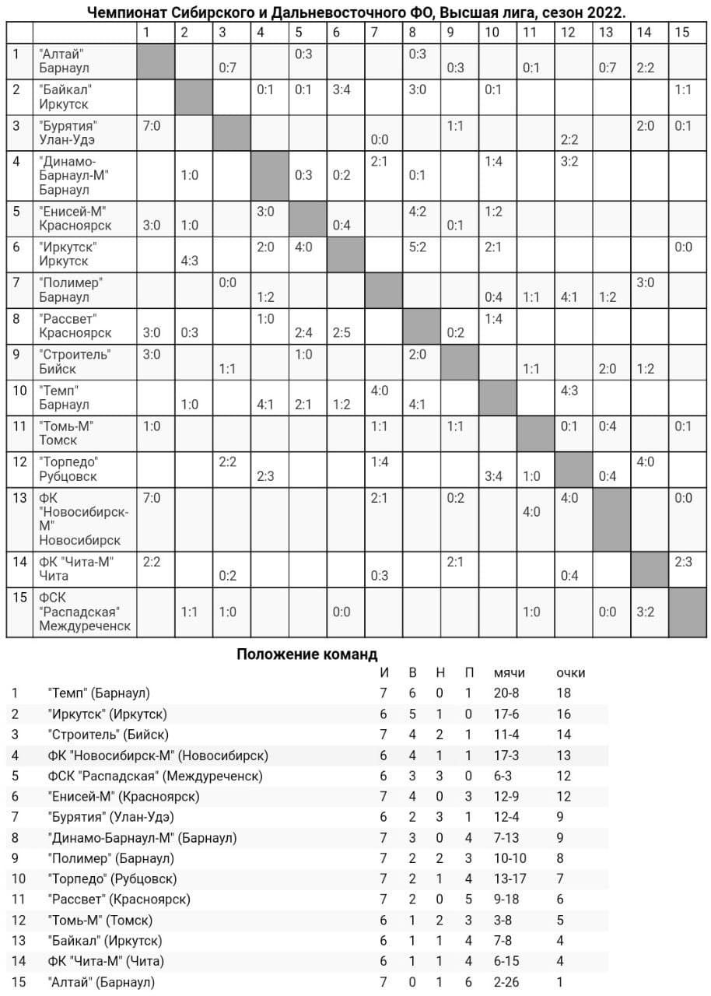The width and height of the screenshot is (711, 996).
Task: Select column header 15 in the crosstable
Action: pos(681,32)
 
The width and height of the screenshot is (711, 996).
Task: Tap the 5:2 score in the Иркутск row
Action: pos(417,247)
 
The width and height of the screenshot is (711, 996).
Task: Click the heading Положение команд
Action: pos(306,654)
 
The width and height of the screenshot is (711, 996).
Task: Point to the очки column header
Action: pos(570,672)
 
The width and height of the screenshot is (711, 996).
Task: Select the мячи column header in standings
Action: pos(509,672)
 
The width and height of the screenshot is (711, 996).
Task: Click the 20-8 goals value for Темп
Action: pos(507,693)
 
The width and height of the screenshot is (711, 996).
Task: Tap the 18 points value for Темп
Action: pos(563,693)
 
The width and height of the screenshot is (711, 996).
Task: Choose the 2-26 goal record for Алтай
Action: pos(507,982)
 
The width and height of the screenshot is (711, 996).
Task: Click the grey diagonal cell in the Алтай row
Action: pos(156,61)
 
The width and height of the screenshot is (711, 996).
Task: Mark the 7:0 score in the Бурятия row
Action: pos(152,126)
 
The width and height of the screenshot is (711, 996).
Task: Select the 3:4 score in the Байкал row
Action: pos(341,89)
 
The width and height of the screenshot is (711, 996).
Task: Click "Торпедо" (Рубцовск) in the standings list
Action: pos(112,879)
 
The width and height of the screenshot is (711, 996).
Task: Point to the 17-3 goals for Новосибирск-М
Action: pos(507,755)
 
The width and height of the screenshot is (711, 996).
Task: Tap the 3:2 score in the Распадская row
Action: pos(645,612)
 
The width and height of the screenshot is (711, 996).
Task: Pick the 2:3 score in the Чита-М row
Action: pos(683,562)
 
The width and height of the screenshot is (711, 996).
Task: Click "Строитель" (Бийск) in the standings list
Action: pos(108,734)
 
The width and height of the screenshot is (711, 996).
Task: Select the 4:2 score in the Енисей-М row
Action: pos(417,212)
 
